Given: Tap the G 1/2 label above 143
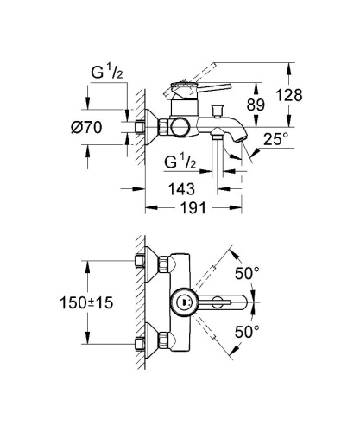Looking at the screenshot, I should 184,162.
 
